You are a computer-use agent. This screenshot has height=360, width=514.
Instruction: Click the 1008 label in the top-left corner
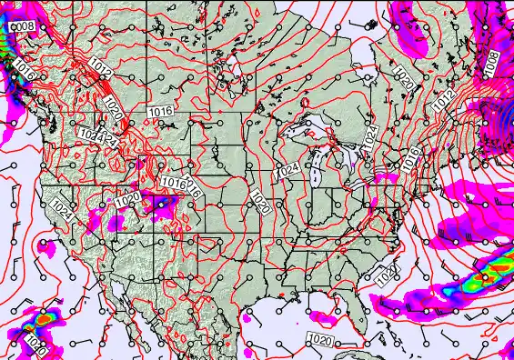click(23, 27)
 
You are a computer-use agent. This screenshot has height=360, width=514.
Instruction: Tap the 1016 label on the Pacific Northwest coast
click(25, 73)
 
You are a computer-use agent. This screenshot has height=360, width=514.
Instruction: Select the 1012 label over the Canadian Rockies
click(101, 66)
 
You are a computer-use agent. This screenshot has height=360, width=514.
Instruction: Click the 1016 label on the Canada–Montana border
click(160, 111)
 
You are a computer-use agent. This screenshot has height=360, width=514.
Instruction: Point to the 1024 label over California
click(63, 208)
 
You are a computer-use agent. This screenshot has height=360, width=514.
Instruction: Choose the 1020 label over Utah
click(128, 197)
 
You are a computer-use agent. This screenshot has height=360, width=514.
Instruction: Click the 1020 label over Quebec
click(406, 78)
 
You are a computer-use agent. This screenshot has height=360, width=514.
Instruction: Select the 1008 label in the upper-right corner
click(491, 64)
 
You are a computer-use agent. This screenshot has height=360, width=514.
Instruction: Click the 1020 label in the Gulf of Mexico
click(320, 339)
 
